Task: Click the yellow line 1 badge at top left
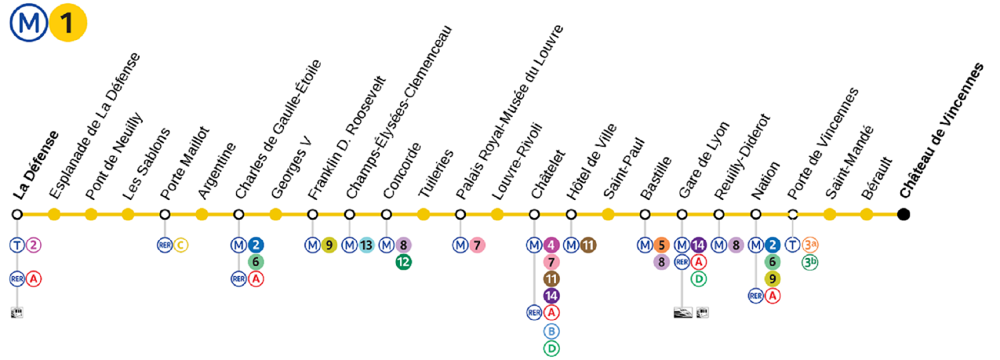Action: (x=67, y=25)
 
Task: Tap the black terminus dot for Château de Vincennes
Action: (x=904, y=213)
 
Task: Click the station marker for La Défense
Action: (x=17, y=213)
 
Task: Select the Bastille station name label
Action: (x=655, y=177)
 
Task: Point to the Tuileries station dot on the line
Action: (x=424, y=213)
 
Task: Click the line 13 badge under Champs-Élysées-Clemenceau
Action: (x=366, y=245)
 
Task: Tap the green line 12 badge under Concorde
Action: (x=403, y=262)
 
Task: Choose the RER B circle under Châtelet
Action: (x=551, y=331)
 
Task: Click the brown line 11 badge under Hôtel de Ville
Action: (x=588, y=245)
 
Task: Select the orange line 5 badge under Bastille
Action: (x=662, y=245)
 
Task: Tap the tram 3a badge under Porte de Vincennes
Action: (x=810, y=245)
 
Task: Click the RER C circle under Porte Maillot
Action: (x=181, y=245)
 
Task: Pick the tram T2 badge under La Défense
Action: (x=33, y=245)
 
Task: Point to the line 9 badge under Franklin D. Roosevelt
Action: (x=329, y=245)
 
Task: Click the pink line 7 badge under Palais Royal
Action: (x=477, y=245)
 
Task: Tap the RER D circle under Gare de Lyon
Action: (x=699, y=278)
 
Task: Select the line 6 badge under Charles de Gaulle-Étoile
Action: (x=256, y=262)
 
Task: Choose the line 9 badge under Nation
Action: (x=773, y=278)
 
